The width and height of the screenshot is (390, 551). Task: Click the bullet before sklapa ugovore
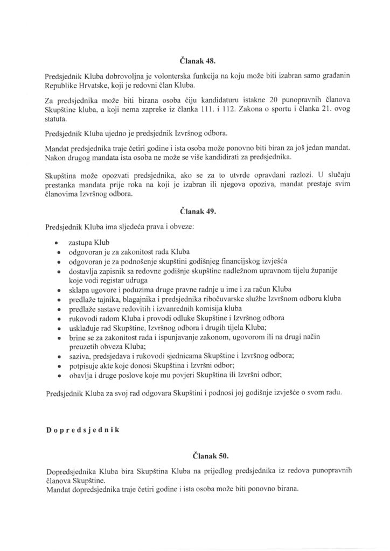point(58,289)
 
